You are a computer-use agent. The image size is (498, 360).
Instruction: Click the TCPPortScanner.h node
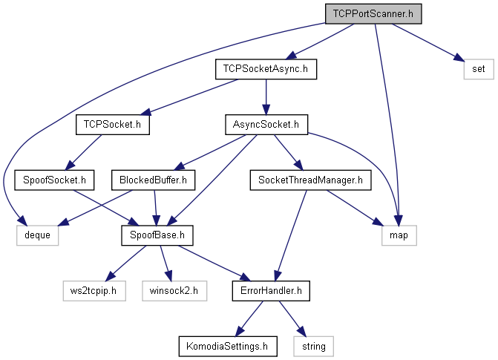[x=373, y=14]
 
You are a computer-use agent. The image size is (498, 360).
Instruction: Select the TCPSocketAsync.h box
[x=266, y=69]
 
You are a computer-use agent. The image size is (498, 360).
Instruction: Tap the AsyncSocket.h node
[x=266, y=125]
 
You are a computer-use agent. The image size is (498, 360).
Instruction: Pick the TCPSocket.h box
[x=112, y=125]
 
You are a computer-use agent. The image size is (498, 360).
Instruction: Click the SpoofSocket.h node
[x=54, y=180]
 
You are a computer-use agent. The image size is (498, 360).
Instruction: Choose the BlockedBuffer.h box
[x=153, y=180]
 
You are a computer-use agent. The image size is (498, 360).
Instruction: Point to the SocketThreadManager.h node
[x=310, y=180]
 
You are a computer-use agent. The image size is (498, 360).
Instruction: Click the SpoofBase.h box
[x=157, y=235]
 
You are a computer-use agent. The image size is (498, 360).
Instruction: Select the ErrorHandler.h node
[x=271, y=291]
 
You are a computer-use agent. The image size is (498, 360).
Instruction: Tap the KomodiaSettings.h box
[x=228, y=347]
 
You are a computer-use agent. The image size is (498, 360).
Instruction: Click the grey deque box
[x=37, y=235]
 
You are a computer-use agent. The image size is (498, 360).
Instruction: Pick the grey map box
[x=399, y=235]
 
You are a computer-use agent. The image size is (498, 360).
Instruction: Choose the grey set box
[x=479, y=69]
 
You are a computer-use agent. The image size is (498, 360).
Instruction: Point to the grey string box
[x=313, y=347]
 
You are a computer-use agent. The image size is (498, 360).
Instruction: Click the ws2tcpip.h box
[x=94, y=291]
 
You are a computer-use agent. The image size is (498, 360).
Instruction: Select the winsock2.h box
[x=174, y=291]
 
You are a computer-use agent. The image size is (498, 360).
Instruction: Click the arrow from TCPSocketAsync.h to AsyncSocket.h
[x=266, y=97]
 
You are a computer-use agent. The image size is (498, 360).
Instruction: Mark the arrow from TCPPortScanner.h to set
[x=428, y=42]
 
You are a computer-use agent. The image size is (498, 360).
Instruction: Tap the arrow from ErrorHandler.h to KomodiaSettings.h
[x=249, y=318]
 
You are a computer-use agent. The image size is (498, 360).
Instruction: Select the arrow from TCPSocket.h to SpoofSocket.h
[x=83, y=152]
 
